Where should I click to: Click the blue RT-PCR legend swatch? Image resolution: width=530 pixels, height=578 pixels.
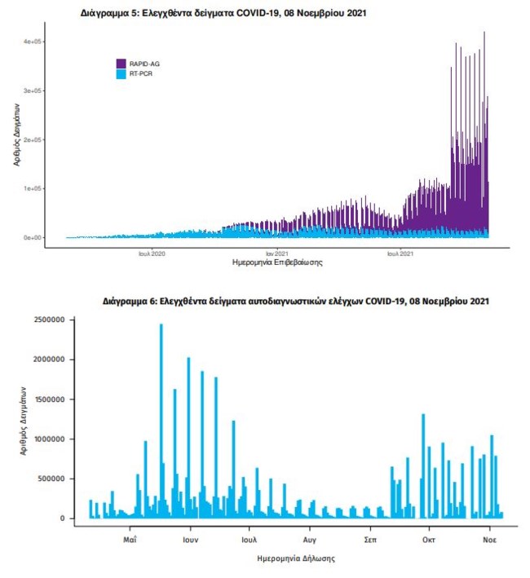tap(121, 74)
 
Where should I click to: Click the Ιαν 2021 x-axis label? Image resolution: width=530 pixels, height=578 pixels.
tap(276, 254)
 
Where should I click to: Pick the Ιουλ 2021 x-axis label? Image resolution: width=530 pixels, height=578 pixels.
tap(399, 254)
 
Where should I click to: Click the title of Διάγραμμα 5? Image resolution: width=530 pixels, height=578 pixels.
tap(219, 14)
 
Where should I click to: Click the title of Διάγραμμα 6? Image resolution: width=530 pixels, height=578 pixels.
tap(296, 302)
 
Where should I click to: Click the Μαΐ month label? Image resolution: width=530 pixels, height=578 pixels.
tap(130, 540)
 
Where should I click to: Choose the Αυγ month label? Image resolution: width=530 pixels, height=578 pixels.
tap(309, 540)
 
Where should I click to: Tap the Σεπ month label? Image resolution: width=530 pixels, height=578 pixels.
tap(369, 540)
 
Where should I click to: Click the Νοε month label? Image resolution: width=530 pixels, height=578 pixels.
tap(489, 540)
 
